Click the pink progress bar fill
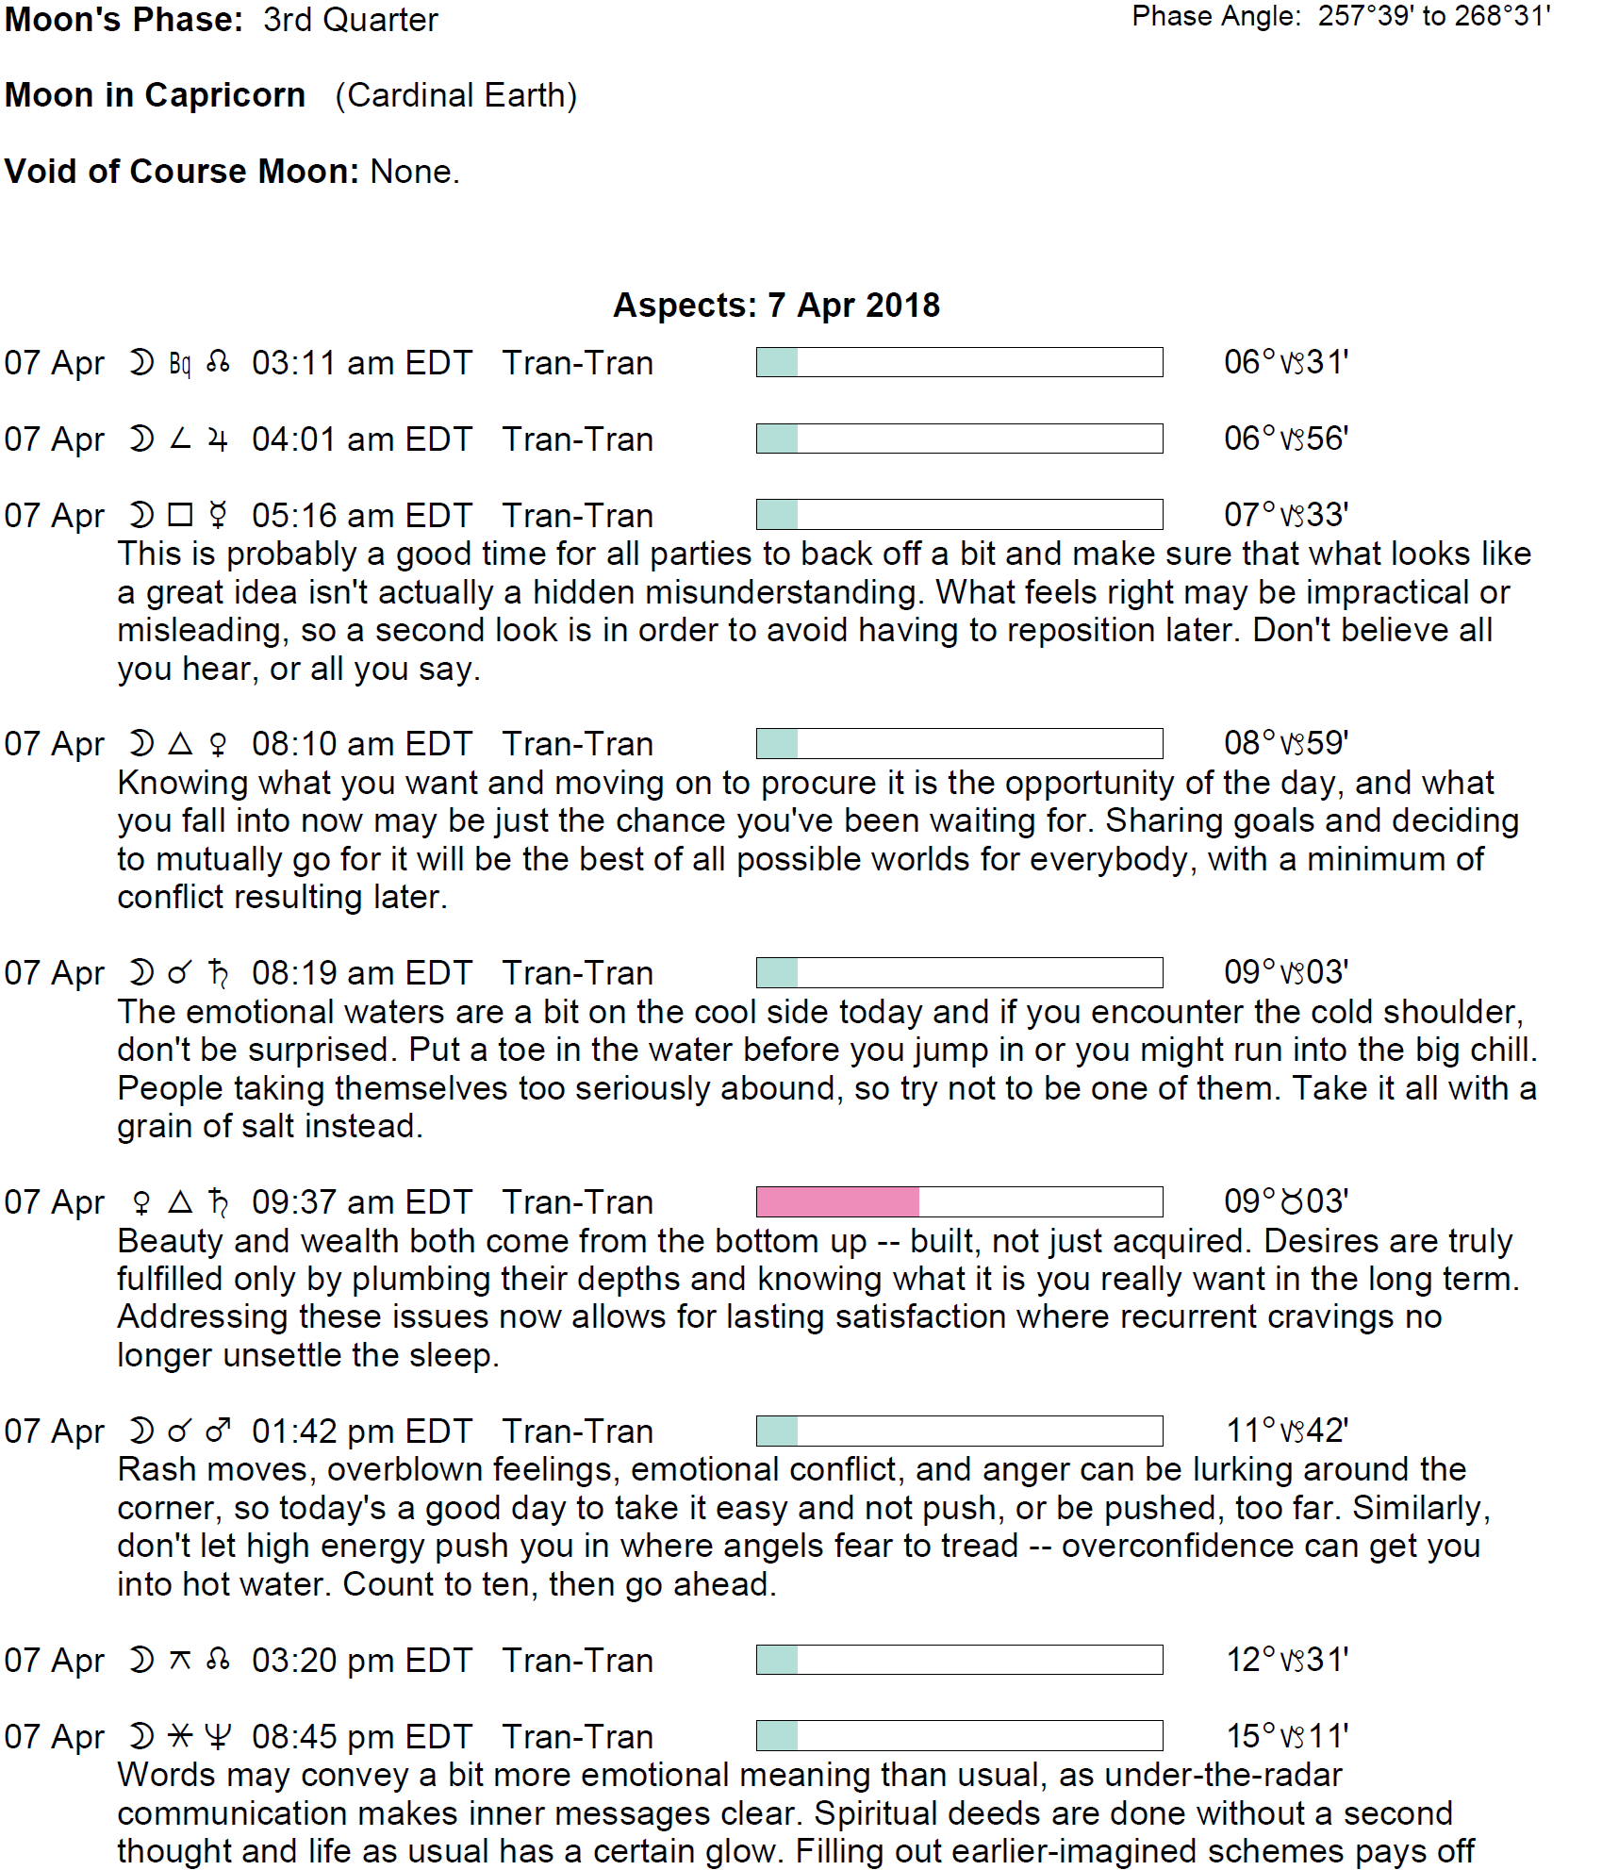837,1201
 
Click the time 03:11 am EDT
361,363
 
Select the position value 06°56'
1285,439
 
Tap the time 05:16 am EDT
361,516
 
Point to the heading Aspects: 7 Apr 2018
776,306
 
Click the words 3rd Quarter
350,20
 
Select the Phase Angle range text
1433,16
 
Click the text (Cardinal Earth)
455,95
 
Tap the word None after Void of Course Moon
414,172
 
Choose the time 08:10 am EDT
361,744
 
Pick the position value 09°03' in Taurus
1285,1201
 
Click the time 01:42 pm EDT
361,1431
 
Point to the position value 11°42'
1287,1431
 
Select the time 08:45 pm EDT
361,1737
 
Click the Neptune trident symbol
218,1737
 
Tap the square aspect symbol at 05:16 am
180,515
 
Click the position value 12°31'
1287,1660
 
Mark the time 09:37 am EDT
361,1202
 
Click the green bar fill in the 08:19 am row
778,972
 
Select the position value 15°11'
1287,1736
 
